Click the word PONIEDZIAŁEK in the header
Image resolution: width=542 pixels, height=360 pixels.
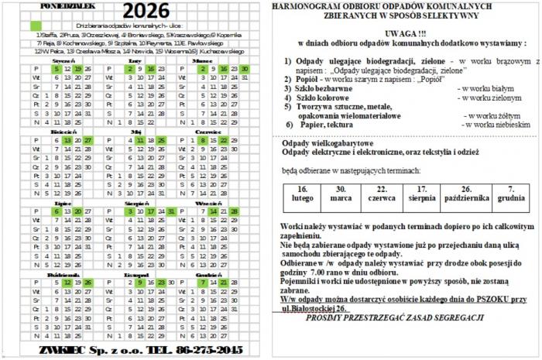click(67, 4)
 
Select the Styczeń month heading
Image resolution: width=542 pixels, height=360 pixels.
click(63, 59)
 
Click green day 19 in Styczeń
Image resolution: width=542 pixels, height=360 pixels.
click(78, 68)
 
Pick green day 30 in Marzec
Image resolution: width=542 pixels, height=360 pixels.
click(245, 68)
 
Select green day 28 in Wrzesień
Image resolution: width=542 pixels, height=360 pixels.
click(234, 211)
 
